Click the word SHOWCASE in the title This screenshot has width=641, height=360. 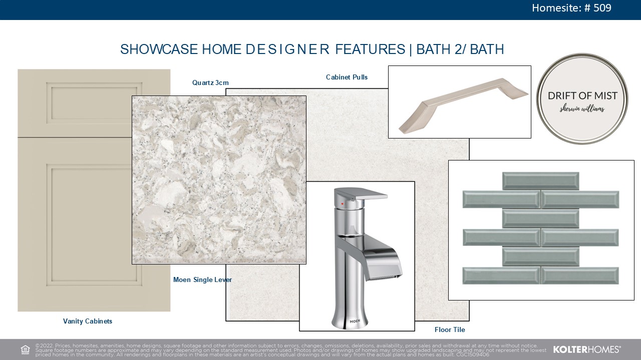(159, 49)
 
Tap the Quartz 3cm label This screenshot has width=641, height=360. (210, 83)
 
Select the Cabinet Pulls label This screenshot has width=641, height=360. (347, 77)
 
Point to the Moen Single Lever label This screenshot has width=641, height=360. (203, 279)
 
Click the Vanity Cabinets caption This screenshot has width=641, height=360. (88, 321)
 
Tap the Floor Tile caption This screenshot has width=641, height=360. (450, 329)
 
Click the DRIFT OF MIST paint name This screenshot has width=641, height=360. (582, 95)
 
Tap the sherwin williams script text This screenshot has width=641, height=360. (582, 108)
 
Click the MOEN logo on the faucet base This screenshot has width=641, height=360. (355, 321)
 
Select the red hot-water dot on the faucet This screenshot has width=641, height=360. (342, 204)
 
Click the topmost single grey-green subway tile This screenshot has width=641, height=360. (540, 181)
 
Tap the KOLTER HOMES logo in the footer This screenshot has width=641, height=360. (586, 349)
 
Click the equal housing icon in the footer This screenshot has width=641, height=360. (25, 349)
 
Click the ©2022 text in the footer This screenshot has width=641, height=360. (44, 345)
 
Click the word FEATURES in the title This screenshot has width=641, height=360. (370, 49)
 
